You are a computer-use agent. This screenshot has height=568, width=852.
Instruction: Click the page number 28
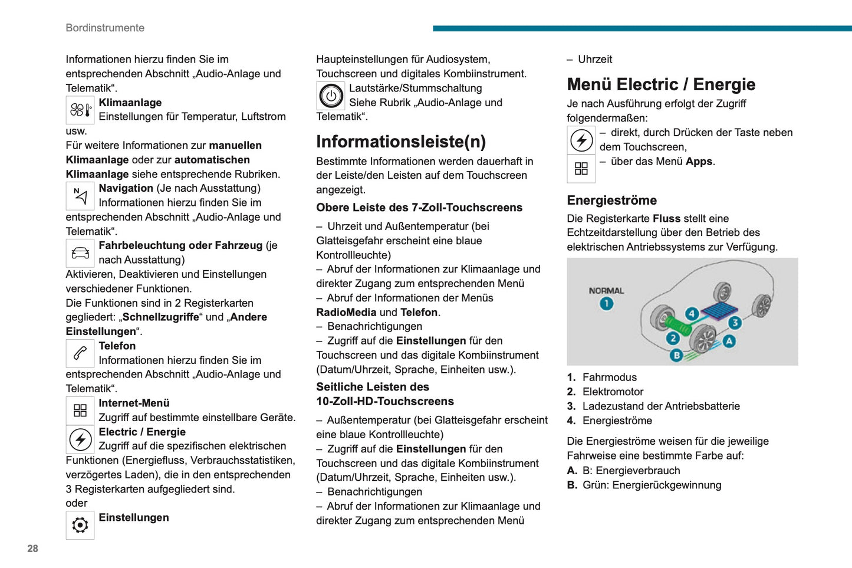[32, 549]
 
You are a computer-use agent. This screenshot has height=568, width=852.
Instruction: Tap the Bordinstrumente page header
[105, 28]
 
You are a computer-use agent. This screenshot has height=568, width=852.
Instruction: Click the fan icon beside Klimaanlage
[80, 110]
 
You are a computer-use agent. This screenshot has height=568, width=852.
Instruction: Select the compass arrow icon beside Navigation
[80, 196]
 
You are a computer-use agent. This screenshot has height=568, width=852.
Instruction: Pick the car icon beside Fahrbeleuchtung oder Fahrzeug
[80, 254]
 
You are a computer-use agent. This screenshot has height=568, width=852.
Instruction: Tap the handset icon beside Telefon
[80, 353]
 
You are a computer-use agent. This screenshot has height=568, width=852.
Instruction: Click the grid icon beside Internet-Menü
[80, 411]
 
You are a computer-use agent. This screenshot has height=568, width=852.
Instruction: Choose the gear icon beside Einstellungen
[80, 525]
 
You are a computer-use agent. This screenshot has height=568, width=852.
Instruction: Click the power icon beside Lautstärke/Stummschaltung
[331, 96]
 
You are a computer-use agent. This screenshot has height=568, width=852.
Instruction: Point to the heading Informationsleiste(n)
[401, 142]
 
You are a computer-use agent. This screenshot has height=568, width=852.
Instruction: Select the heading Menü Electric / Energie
[661, 84]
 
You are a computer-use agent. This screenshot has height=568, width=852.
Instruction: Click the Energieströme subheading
[611, 201]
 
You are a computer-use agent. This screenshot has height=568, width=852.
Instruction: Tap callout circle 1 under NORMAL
[606, 304]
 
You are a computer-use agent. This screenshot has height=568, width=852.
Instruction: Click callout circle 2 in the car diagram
[673, 338]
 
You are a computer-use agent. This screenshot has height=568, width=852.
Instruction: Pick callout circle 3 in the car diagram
[735, 323]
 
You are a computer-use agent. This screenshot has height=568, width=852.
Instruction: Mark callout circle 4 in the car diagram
[692, 314]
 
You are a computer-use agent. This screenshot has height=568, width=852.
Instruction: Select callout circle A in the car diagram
[729, 341]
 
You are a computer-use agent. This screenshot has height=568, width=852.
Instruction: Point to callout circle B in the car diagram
[676, 355]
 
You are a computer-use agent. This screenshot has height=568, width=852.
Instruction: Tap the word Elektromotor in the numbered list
[613, 392]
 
